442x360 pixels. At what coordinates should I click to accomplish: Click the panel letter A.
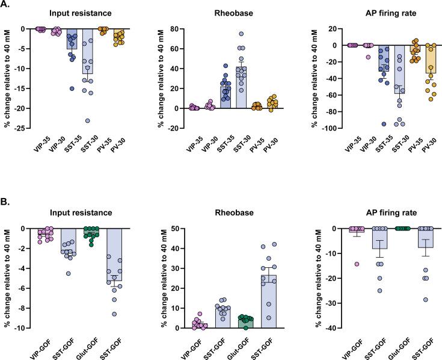[6, 5]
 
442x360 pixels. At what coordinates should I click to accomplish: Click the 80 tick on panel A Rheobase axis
[201, 28]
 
